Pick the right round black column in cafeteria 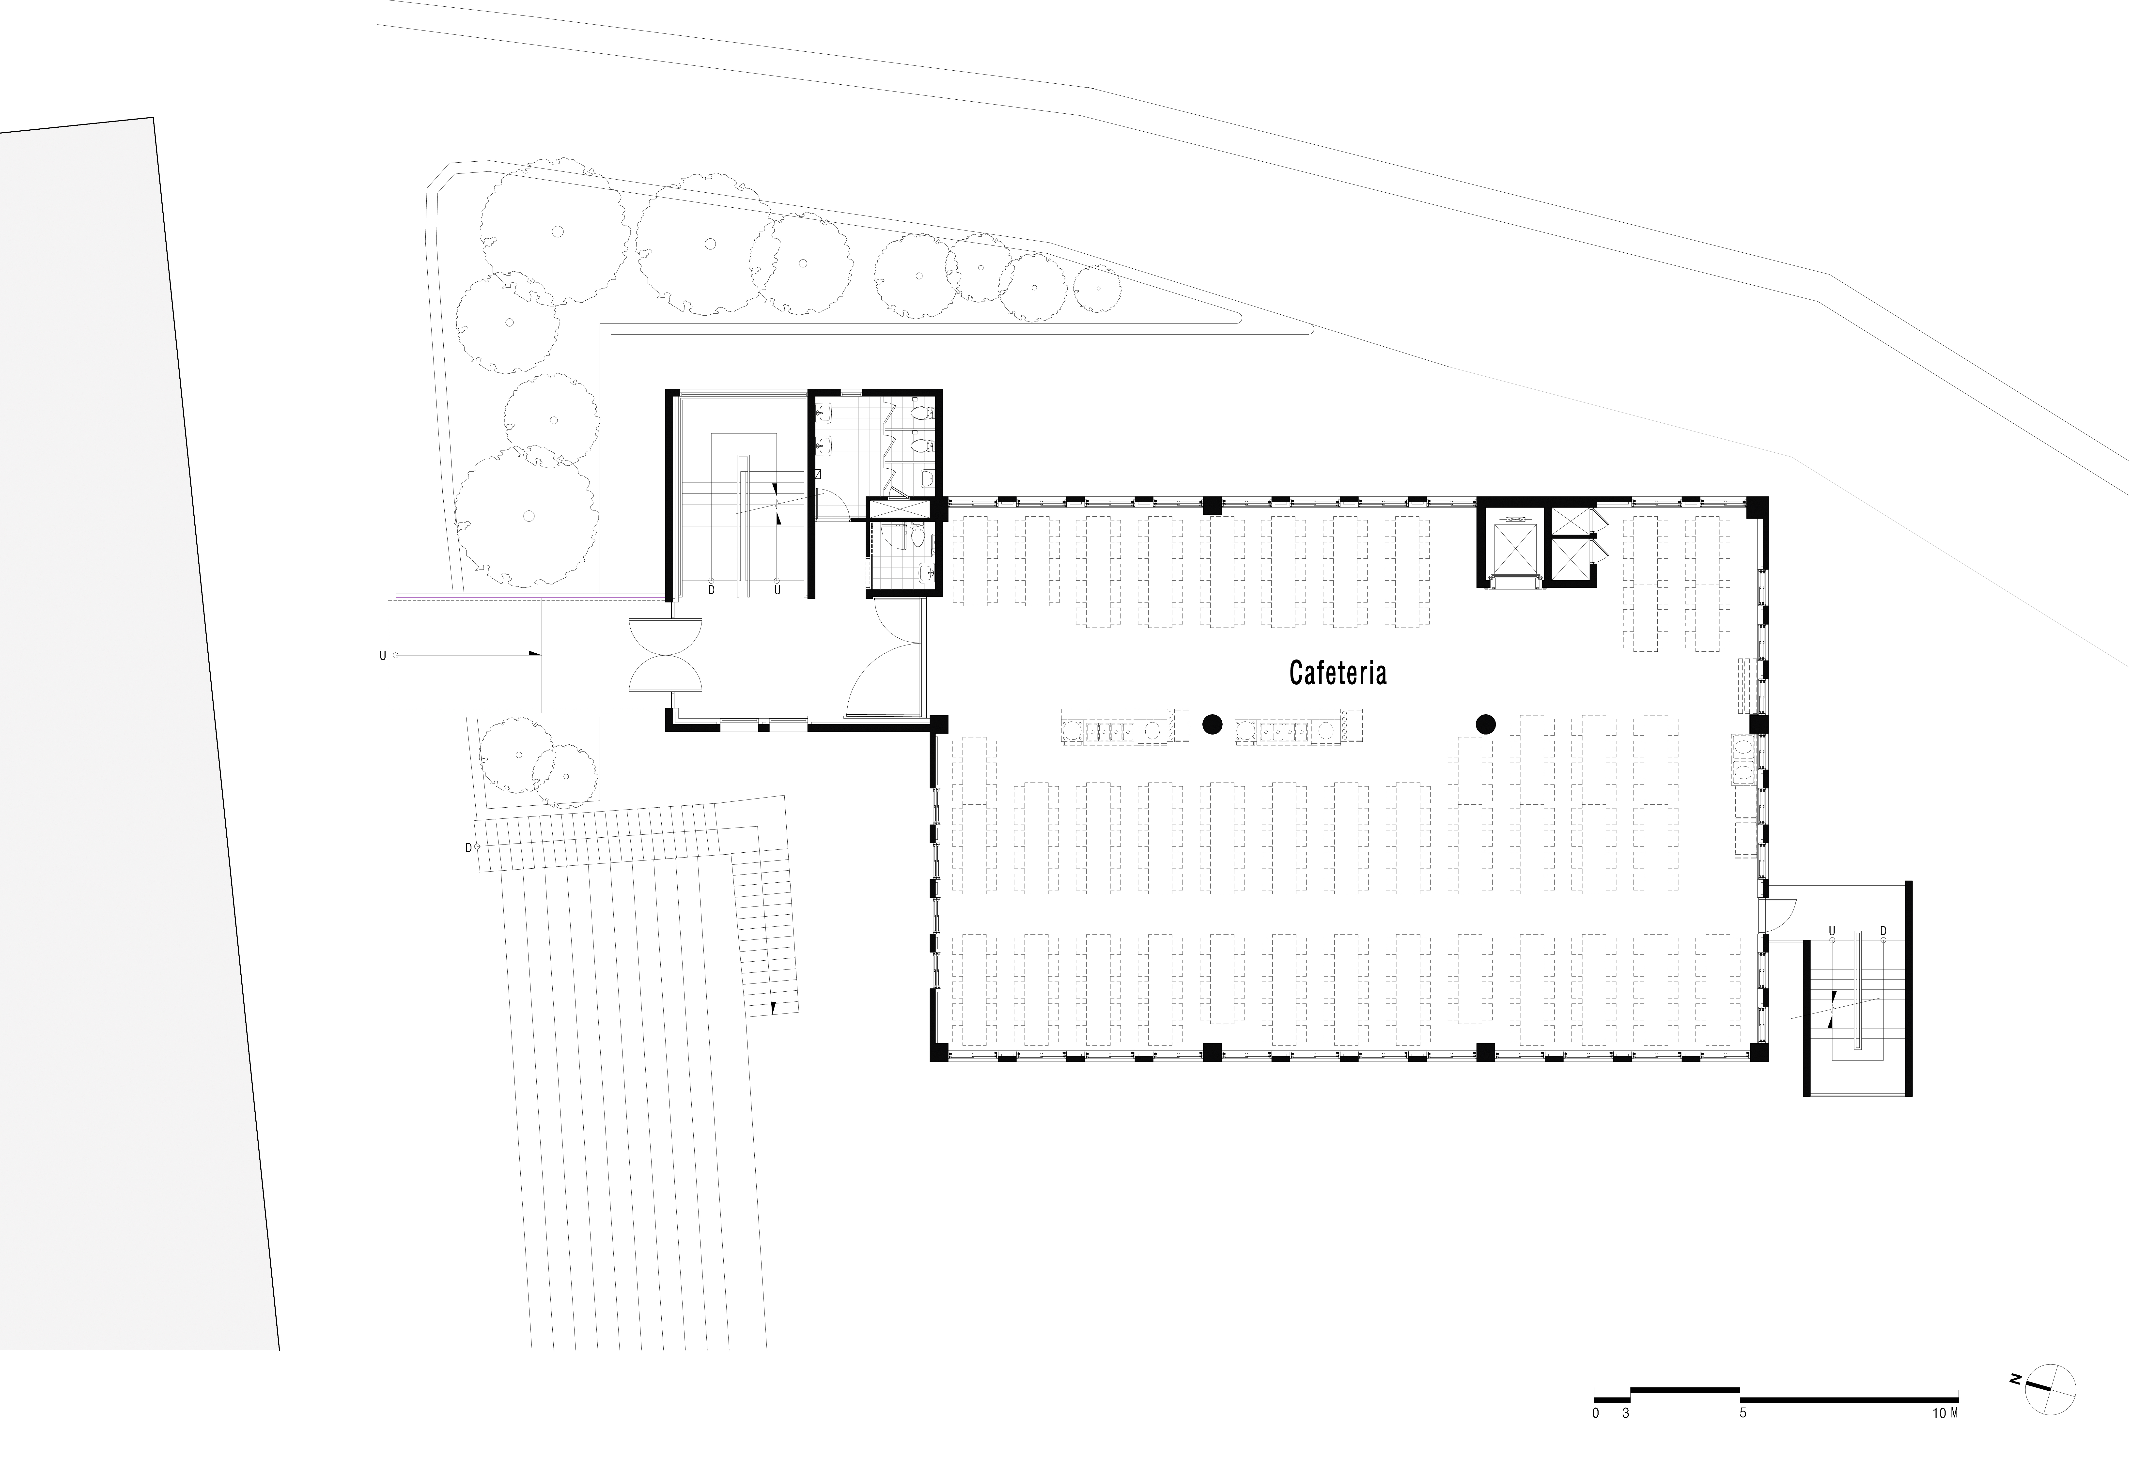1485,724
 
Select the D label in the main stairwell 711,590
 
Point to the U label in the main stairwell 777,590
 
